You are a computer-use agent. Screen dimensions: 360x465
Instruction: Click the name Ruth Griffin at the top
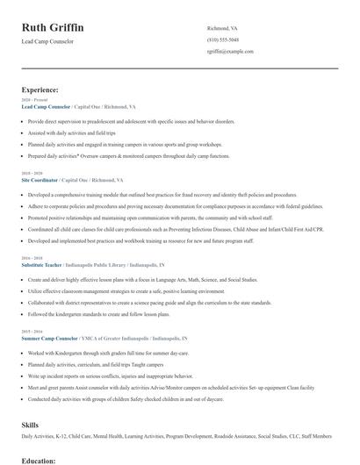[x=53, y=28]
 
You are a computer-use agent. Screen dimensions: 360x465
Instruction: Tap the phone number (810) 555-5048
[x=222, y=39]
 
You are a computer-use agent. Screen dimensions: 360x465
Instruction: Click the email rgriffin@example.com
[x=230, y=51]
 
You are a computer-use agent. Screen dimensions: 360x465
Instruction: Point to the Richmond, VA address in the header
[x=221, y=28]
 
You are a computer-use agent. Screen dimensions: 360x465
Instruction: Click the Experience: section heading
[x=40, y=89]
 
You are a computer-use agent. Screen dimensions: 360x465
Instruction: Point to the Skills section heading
[x=30, y=424]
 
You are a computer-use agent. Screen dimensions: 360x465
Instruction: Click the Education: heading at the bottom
[x=39, y=460]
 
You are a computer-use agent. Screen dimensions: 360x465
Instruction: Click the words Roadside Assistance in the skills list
[x=224, y=436]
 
